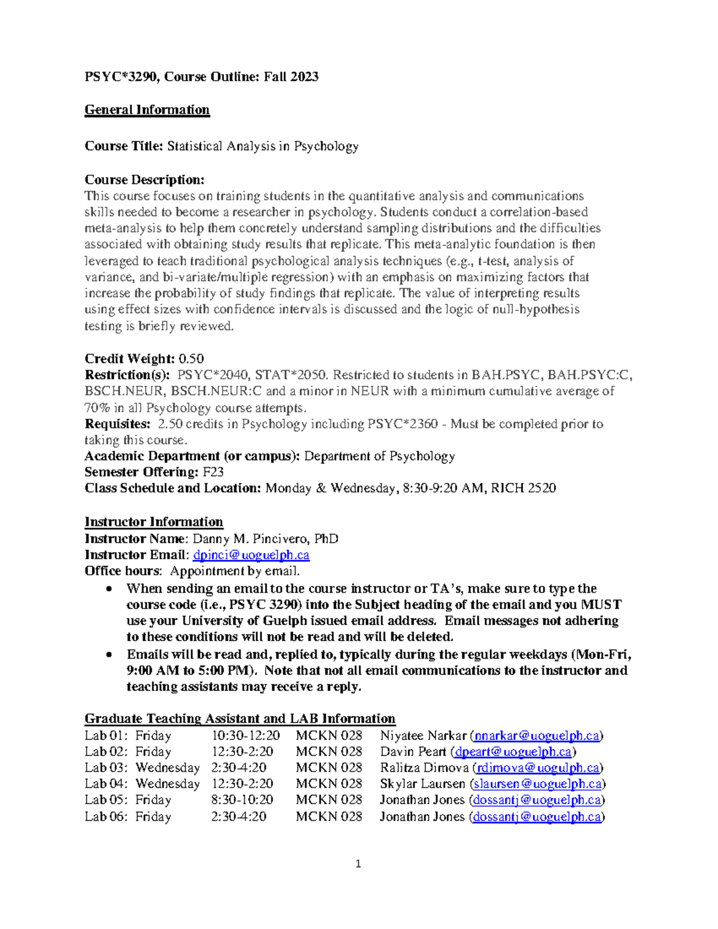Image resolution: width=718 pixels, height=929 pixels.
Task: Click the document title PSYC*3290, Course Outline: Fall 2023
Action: [201, 77]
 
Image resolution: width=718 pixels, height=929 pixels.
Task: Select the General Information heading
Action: [147, 110]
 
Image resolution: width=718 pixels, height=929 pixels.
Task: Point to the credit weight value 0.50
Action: [191, 359]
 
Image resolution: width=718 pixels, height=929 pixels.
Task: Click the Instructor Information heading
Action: [154, 522]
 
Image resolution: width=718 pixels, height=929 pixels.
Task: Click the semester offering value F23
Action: [213, 472]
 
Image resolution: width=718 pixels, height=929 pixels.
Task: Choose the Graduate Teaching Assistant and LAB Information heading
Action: [240, 718]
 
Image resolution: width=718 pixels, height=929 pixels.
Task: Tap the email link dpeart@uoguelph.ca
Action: [513, 752]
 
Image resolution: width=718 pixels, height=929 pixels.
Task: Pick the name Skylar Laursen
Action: [422, 784]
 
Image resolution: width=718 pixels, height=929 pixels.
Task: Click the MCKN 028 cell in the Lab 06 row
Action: [328, 817]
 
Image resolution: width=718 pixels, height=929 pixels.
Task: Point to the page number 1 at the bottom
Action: [358, 863]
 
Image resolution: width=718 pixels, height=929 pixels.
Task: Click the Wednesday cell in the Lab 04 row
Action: [168, 784]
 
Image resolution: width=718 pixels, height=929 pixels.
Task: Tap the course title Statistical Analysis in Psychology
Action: [263, 147]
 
